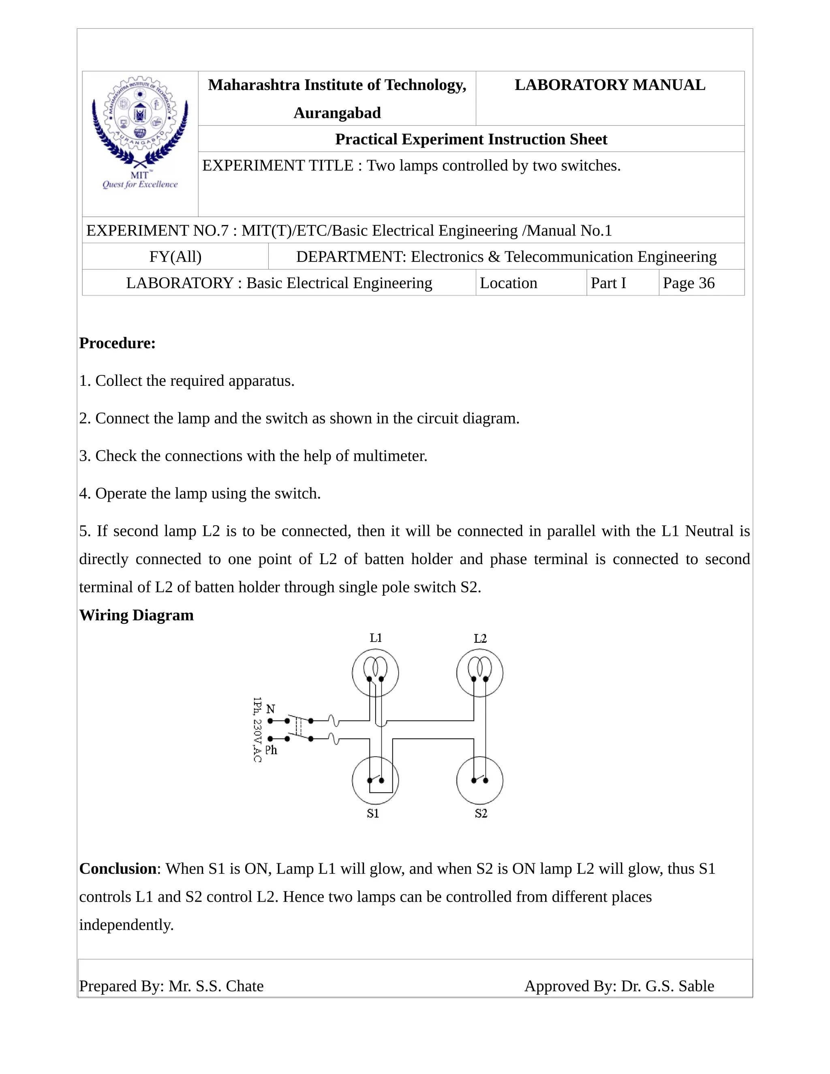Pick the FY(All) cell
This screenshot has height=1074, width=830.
click(x=175, y=257)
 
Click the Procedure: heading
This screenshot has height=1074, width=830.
click(x=117, y=343)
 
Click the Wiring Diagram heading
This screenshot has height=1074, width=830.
click(x=136, y=615)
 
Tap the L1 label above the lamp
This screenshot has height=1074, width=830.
click(x=376, y=638)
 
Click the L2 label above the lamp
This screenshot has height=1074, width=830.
click(x=480, y=639)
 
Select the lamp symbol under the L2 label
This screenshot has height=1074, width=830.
click(x=479, y=673)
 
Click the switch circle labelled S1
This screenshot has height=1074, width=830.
click(x=375, y=781)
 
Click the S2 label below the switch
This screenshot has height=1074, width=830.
click(x=481, y=814)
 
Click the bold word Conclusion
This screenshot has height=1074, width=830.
click(x=118, y=869)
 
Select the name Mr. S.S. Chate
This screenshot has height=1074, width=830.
click(x=216, y=986)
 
